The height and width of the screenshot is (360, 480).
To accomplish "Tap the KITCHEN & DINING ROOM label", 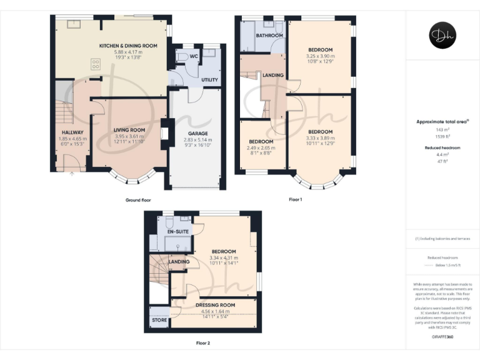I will pyautogui.click(x=127, y=46).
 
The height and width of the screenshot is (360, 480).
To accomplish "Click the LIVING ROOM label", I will pyautogui.click(x=129, y=130).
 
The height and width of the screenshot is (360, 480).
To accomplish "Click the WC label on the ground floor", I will pyautogui.click(x=194, y=56).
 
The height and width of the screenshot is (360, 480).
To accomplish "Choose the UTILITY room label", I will pyautogui.click(x=209, y=80).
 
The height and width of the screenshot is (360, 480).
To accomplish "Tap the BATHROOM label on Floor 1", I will pyautogui.click(x=271, y=36).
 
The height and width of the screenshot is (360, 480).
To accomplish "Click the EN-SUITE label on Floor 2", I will pyautogui.click(x=177, y=231).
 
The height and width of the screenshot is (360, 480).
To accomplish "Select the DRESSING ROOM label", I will pyautogui.click(x=214, y=305).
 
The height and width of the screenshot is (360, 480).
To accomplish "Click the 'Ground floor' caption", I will pyautogui.click(x=138, y=200).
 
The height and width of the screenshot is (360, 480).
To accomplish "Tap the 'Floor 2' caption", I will pyautogui.click(x=203, y=343).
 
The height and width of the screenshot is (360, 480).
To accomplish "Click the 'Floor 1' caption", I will pyautogui.click(x=295, y=200).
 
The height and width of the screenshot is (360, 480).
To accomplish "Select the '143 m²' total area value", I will pyautogui.click(x=442, y=129).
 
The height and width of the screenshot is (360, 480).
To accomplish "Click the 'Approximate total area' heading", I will pyautogui.click(x=442, y=122).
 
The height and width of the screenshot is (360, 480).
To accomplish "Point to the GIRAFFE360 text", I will pyautogui.click(x=442, y=337).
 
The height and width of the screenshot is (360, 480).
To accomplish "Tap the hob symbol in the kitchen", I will pyautogui.click(x=97, y=62).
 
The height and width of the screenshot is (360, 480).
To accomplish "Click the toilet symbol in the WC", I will pyautogui.click(x=181, y=57).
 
